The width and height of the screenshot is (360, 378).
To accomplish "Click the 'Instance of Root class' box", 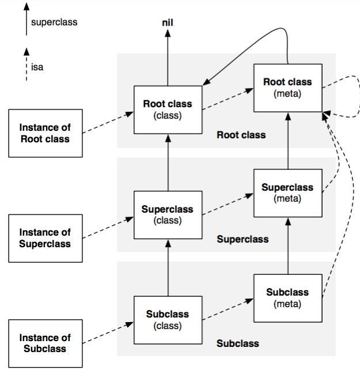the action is [x=46, y=133].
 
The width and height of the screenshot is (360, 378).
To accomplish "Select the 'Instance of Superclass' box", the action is [x=46, y=239].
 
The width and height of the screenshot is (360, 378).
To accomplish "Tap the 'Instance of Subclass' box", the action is [x=46, y=343].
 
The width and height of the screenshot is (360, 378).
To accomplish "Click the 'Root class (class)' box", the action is [x=168, y=109].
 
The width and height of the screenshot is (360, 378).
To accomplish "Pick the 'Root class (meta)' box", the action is [x=288, y=88].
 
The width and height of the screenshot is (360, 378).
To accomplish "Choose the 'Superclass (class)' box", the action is [x=168, y=215].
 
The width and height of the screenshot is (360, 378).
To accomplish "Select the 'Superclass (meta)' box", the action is [x=288, y=193].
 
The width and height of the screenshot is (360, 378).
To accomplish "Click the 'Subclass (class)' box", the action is [x=168, y=320].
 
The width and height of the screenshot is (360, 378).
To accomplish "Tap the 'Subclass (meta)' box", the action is [x=288, y=298].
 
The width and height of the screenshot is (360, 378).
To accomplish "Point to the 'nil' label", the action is [x=168, y=23].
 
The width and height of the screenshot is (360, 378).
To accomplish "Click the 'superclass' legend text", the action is [x=54, y=22].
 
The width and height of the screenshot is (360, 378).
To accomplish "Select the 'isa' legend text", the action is [x=37, y=67].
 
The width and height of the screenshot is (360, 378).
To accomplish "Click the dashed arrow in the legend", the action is [x=26, y=65].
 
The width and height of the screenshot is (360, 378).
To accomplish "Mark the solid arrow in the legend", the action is [x=26, y=19].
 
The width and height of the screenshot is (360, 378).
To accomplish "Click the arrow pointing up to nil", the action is [x=168, y=58].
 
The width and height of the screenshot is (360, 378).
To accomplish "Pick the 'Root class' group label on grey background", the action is [x=241, y=135].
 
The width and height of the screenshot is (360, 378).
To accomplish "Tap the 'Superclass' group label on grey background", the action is [x=242, y=239].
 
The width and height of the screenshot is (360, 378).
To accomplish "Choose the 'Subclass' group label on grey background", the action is [x=237, y=343].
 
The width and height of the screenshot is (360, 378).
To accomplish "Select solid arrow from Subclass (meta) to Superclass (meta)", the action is [x=288, y=246].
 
